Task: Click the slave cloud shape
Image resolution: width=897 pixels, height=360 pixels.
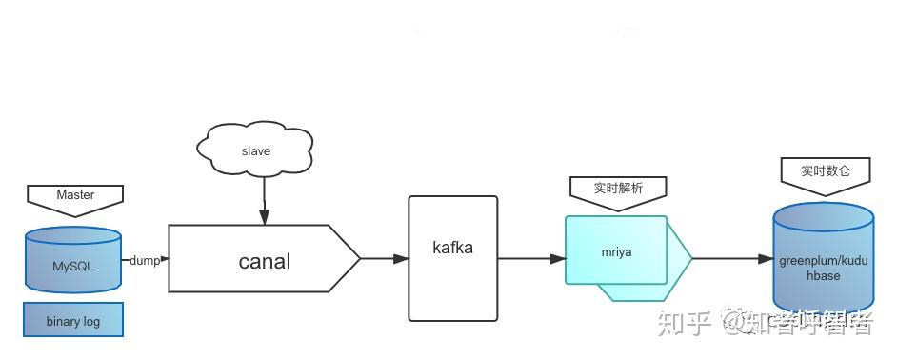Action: pyautogui.click(x=255, y=150)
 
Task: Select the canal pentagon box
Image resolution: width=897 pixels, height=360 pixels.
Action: pyautogui.click(x=264, y=258)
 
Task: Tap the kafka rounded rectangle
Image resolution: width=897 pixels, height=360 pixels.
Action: pyautogui.click(x=452, y=258)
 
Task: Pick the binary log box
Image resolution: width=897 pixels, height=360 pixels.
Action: pyautogui.click(x=73, y=320)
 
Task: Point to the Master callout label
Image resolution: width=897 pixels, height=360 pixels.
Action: pyautogui.click(x=75, y=194)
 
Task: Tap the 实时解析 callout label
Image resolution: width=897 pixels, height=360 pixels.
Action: pyautogui.click(x=618, y=188)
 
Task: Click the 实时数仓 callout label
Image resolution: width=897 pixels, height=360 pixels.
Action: pyautogui.click(x=825, y=170)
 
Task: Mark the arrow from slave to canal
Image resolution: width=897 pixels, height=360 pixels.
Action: pyautogui.click(x=264, y=199)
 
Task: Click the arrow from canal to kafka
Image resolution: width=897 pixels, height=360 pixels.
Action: pyautogui.click(x=385, y=258)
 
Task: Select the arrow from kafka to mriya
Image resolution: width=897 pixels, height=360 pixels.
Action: pyautogui.click(x=531, y=258)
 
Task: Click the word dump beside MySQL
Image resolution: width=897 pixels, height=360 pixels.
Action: pyautogui.click(x=145, y=260)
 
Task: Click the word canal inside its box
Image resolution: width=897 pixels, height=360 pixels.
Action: pyautogui.click(x=264, y=260)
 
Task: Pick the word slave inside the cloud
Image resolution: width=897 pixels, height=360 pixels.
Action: pyautogui.click(x=255, y=150)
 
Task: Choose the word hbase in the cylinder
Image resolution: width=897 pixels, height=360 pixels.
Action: pyautogui.click(x=824, y=275)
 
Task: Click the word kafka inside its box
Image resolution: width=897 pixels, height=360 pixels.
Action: pyautogui.click(x=452, y=248)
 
